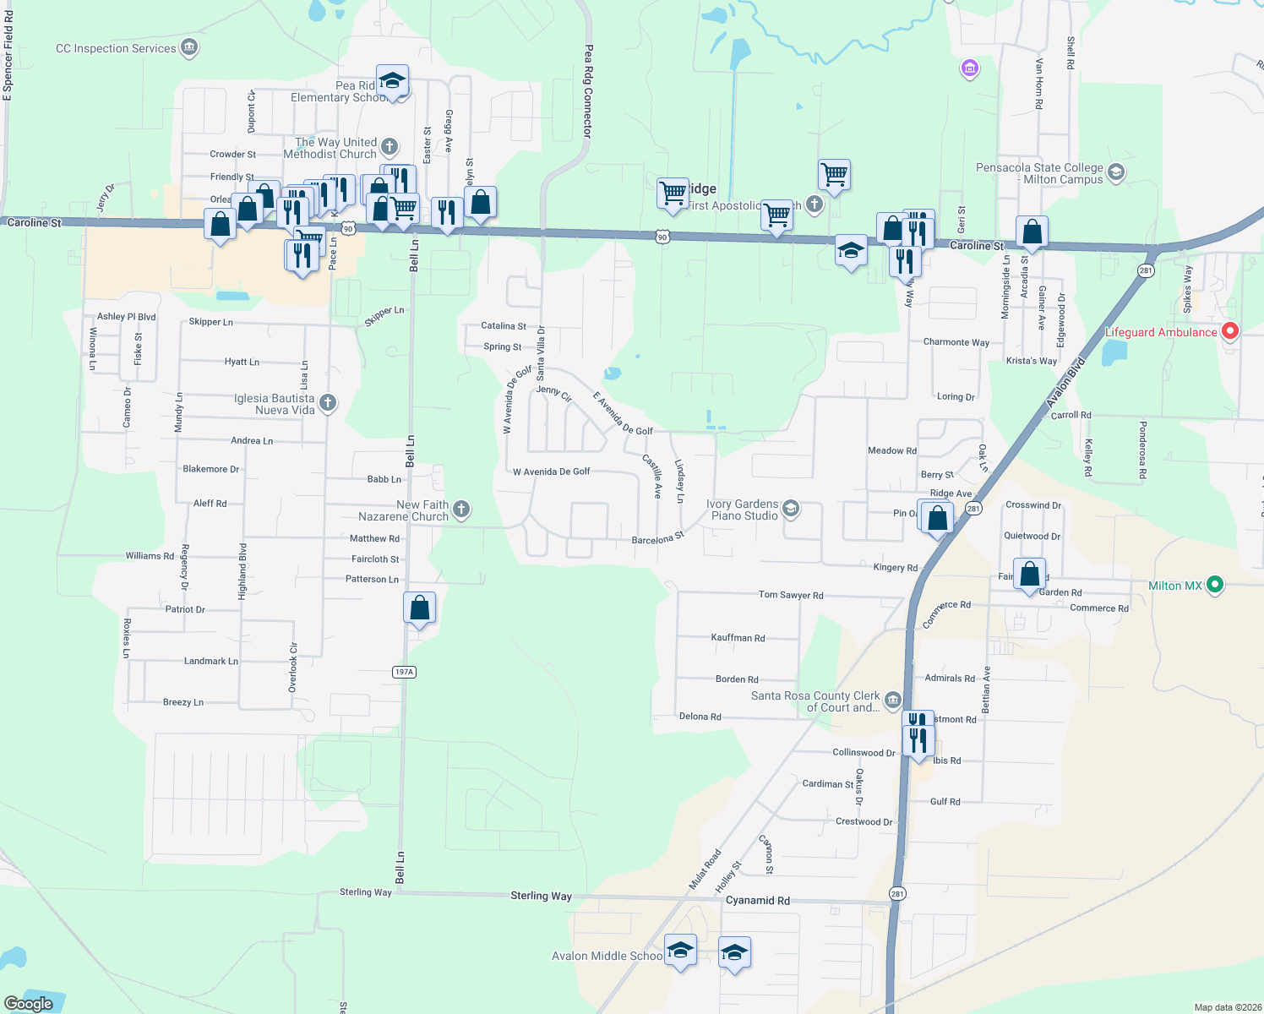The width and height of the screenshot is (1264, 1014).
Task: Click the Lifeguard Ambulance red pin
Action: (1229, 331)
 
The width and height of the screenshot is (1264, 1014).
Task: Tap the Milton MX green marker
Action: (1214, 584)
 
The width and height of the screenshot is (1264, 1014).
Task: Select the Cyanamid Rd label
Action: (758, 901)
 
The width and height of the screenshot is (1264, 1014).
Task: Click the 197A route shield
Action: (404, 672)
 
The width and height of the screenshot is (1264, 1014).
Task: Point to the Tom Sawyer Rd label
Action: (790, 595)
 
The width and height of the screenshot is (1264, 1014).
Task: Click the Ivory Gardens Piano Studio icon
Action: (791, 509)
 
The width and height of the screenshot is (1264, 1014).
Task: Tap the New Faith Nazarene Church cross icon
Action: (460, 509)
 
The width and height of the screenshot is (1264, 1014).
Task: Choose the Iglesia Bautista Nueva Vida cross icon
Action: (328, 403)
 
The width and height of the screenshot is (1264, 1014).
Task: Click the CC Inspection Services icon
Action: (189, 47)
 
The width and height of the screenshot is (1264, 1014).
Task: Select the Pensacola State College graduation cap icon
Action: (1115, 172)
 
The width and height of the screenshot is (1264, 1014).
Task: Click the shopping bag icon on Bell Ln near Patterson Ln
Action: (419, 608)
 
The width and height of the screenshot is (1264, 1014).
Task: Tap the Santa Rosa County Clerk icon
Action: (893, 701)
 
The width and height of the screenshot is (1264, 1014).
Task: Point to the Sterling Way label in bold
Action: (541, 896)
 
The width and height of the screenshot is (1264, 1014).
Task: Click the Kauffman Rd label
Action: (738, 638)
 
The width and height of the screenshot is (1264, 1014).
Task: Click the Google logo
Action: (29, 1004)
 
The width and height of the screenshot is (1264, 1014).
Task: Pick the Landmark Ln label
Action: (211, 661)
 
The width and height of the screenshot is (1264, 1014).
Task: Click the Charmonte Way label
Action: (956, 342)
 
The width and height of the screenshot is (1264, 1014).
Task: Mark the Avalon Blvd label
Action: (1065, 384)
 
